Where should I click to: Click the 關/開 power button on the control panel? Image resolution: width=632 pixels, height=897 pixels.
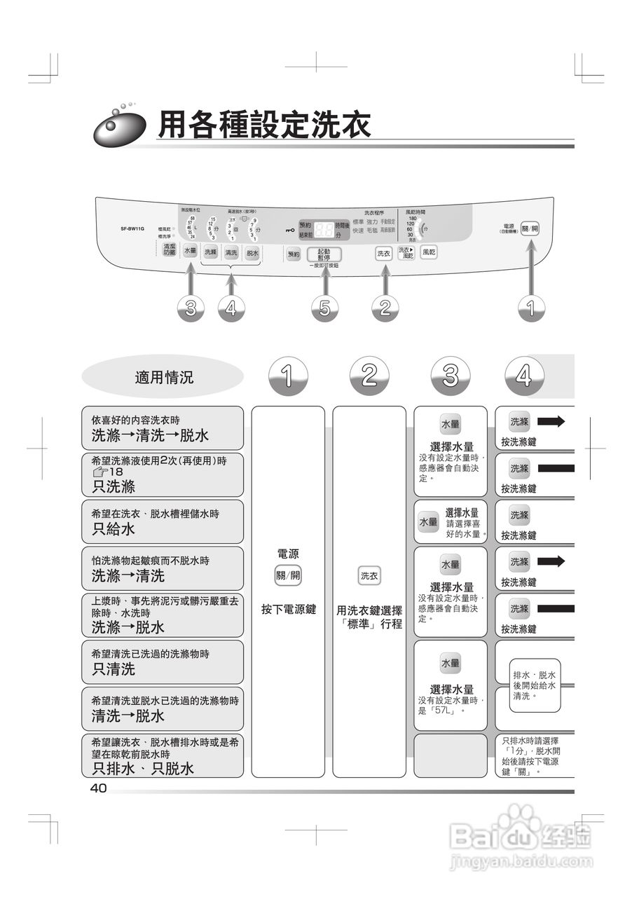click(x=530, y=228)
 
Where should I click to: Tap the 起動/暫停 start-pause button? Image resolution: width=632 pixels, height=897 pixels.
click(x=324, y=254)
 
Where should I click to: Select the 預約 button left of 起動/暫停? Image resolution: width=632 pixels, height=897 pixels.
click(x=294, y=254)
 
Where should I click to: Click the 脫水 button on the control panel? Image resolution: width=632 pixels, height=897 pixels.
click(x=252, y=252)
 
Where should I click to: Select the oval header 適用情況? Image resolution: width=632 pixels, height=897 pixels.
click(x=164, y=378)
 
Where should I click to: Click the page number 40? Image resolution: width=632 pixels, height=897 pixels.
click(x=98, y=788)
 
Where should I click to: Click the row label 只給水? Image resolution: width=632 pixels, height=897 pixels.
click(x=114, y=529)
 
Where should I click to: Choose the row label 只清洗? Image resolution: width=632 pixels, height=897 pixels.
click(x=114, y=669)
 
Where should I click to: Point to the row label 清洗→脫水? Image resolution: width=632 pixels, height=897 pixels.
click(x=128, y=715)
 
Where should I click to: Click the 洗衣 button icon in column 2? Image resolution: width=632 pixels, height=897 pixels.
click(x=369, y=576)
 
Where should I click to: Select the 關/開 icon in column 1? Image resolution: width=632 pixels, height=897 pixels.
click(x=288, y=576)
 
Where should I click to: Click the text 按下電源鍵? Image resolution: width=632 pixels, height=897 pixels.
click(x=289, y=610)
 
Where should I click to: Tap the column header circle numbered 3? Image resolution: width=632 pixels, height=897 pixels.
click(x=451, y=377)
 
